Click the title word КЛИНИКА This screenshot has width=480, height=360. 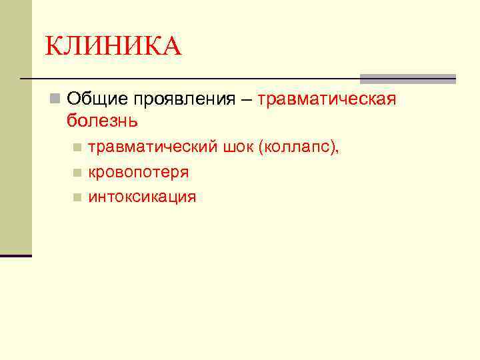click(x=113, y=47)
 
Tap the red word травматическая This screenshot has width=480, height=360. click(x=327, y=100)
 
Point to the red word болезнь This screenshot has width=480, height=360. click(x=103, y=121)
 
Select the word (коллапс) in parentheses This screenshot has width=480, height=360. click(x=300, y=147)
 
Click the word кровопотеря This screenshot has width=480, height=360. click(x=139, y=172)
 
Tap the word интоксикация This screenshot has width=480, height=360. click(x=142, y=197)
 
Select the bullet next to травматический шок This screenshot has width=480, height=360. click(x=77, y=147)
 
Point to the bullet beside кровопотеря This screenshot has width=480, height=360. click(x=77, y=173)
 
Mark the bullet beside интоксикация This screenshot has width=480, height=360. click(x=77, y=197)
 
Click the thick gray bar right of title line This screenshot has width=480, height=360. click(x=407, y=78)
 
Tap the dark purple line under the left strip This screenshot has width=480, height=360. click(x=15, y=255)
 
